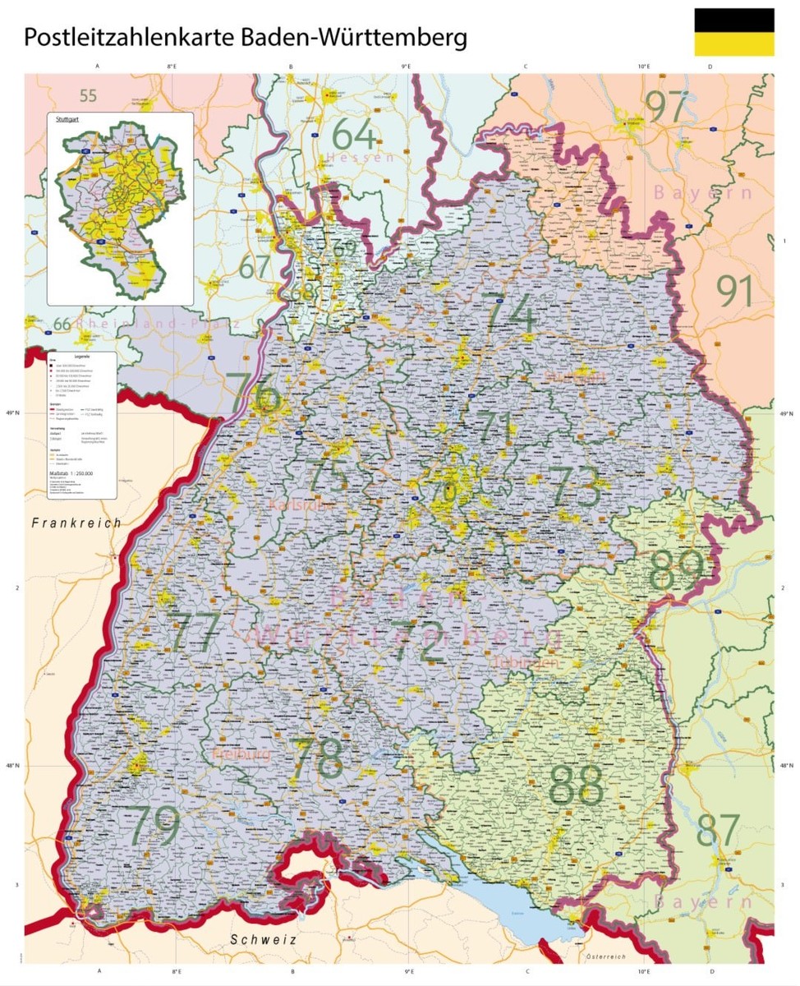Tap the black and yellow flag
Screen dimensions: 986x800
click(733, 32)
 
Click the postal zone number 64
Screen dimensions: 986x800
click(354, 135)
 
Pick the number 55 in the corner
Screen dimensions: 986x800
click(88, 95)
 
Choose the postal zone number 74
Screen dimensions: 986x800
click(509, 314)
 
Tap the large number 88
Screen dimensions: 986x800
click(577, 786)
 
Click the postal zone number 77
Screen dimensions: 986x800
click(194, 632)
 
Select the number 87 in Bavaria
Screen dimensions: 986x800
click(718, 831)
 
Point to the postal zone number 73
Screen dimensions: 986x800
click(575, 487)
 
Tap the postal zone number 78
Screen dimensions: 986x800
click(317, 759)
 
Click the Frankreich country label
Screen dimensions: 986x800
click(76, 523)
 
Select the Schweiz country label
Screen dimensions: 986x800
click(263, 939)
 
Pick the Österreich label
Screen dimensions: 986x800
click(606, 957)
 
